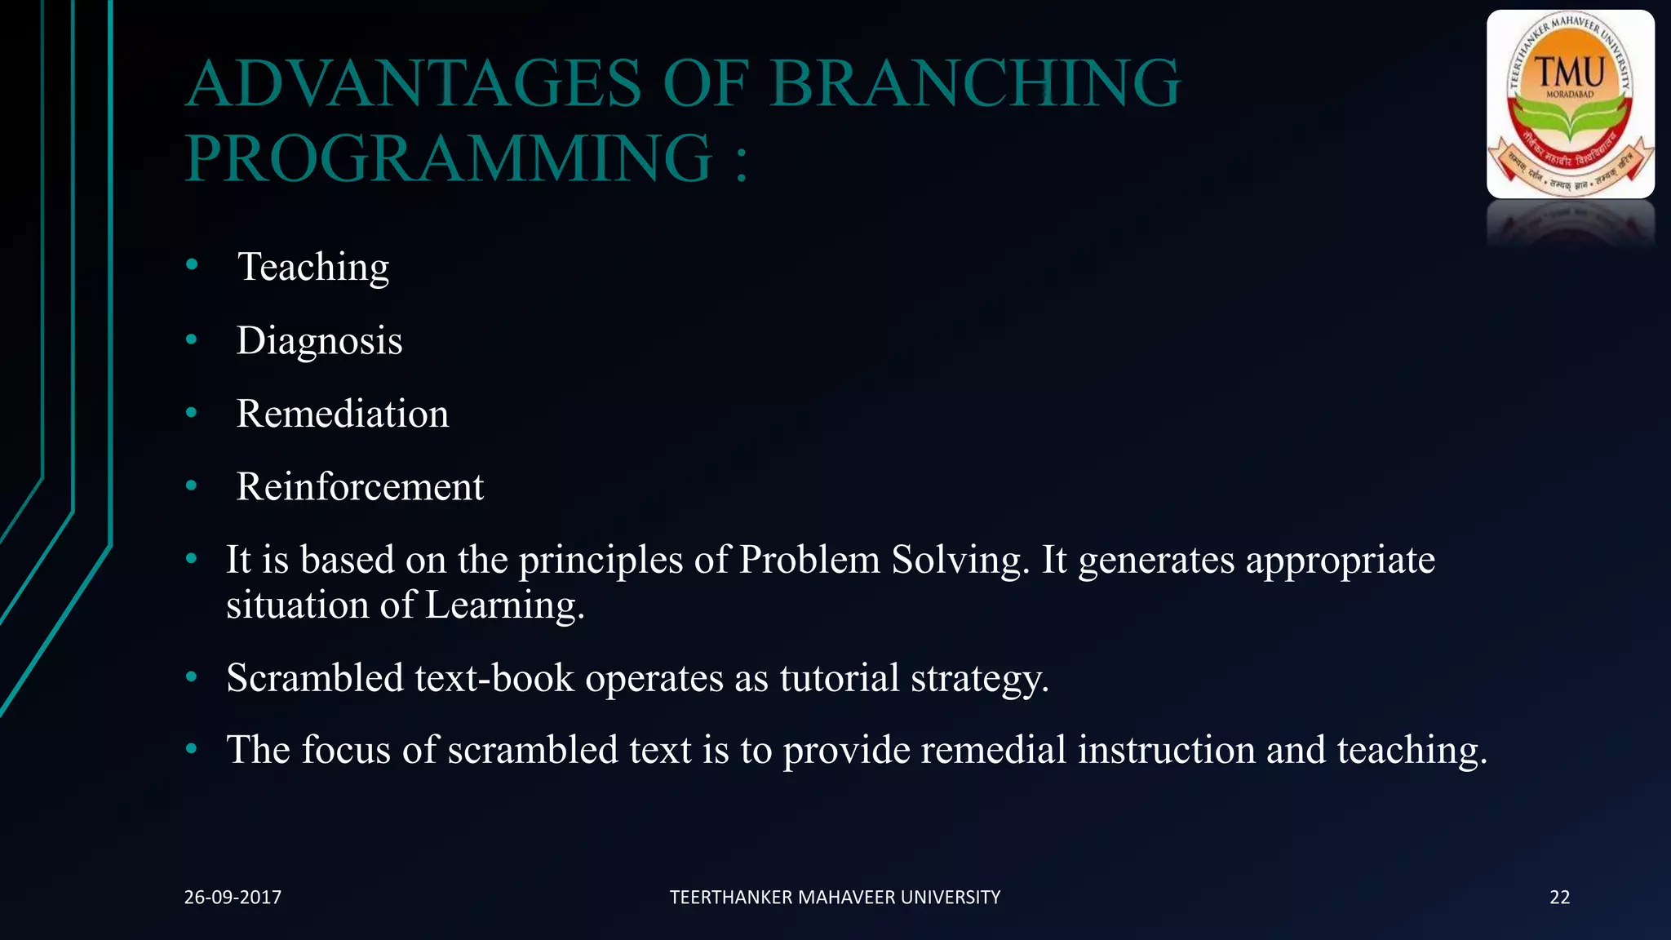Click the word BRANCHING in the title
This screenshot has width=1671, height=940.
(x=975, y=84)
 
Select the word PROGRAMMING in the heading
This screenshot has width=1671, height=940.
(x=450, y=158)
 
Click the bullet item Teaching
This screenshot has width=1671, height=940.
(x=313, y=267)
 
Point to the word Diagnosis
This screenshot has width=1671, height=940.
(x=319, y=340)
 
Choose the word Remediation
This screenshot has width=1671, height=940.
(x=342, y=414)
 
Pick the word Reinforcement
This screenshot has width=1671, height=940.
(x=360, y=486)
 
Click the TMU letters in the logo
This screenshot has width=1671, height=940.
(x=1570, y=73)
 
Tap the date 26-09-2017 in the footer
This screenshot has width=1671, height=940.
(x=233, y=898)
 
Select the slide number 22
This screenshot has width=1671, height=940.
(x=1559, y=898)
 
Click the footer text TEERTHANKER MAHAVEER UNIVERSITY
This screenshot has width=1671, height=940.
(x=835, y=898)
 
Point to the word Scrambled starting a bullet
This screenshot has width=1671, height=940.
(x=315, y=678)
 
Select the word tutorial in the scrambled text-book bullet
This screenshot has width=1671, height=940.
(x=839, y=678)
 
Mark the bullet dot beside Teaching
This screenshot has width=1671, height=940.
(x=192, y=264)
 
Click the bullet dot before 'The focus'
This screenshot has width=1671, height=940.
(x=192, y=748)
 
